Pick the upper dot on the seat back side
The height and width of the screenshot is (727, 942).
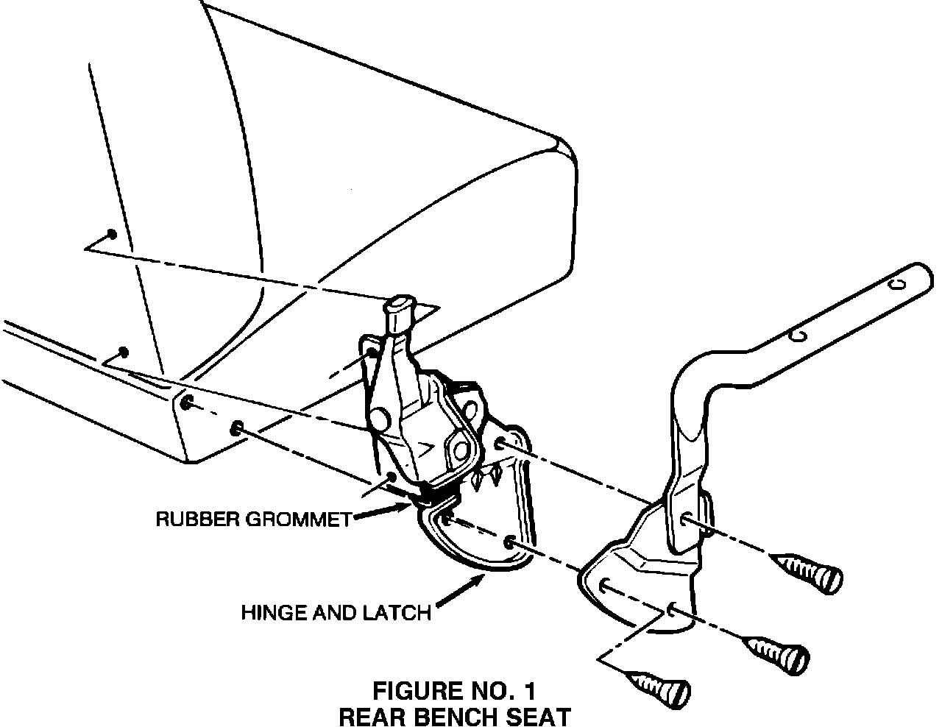point(110,234)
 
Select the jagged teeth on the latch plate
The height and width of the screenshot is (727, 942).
point(486,475)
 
